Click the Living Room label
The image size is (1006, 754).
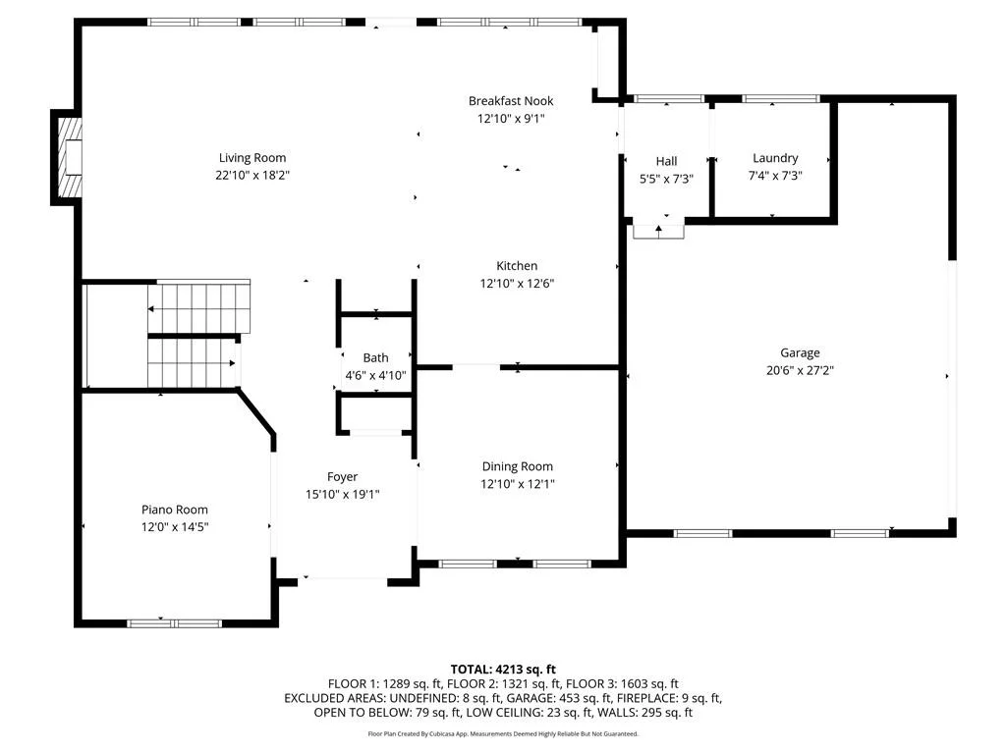(252, 158)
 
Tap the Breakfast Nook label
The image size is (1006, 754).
(511, 101)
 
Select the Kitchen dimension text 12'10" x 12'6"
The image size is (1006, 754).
(517, 283)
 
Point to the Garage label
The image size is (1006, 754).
(800, 352)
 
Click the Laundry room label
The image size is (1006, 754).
(775, 158)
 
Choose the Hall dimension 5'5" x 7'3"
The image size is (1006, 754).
(667, 179)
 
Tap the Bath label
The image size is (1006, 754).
(376, 357)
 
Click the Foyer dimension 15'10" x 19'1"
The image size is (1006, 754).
(343, 494)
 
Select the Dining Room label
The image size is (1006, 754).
(517, 466)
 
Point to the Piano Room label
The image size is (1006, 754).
(175, 510)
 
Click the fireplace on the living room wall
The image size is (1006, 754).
(68, 157)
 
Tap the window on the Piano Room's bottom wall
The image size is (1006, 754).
(175, 623)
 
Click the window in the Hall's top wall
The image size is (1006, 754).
(668, 99)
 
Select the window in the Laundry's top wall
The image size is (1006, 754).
(781, 99)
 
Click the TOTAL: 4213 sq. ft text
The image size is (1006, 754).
(503, 670)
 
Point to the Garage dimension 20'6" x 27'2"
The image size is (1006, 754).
(800, 370)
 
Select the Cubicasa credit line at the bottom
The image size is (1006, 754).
(503, 733)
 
